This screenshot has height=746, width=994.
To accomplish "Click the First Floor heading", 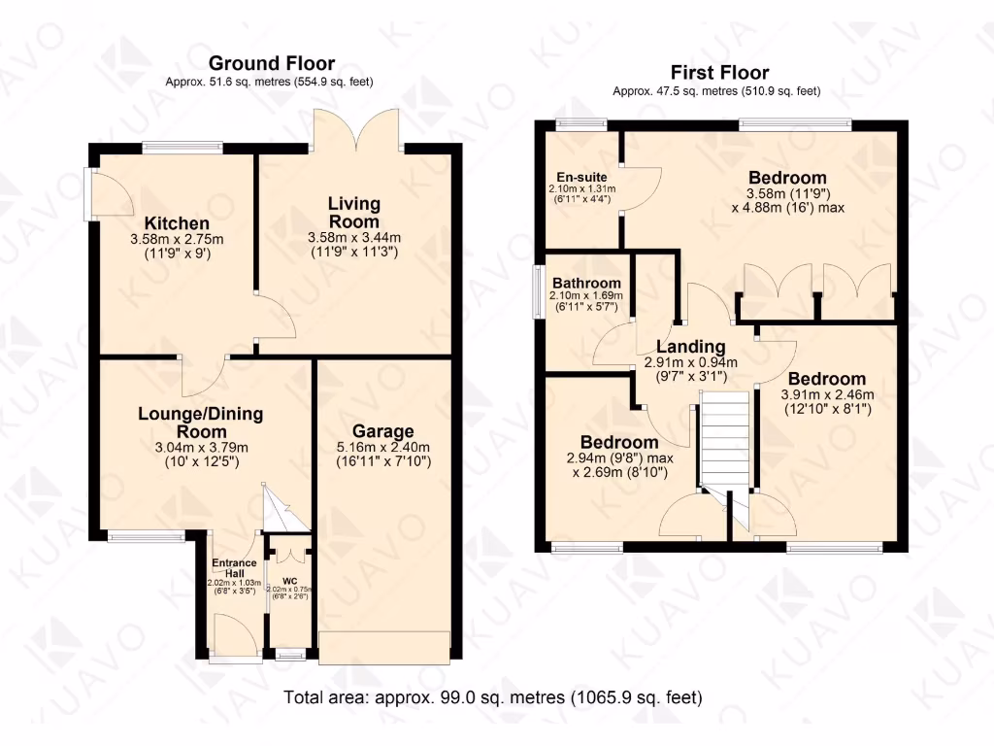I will [719, 73].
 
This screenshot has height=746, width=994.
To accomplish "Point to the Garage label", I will [382, 431].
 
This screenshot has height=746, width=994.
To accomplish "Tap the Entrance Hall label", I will [235, 568].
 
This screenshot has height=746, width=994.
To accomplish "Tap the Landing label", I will [690, 347].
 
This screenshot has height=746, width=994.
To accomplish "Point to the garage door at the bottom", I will [384, 647].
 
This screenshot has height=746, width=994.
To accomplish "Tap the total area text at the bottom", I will [493, 697].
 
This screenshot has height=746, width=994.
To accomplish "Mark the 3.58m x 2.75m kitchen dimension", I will [177, 239].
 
